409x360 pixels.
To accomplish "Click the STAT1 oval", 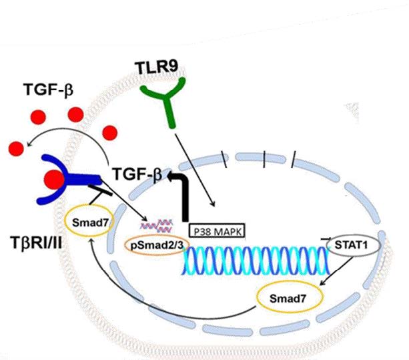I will [x=351, y=246].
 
